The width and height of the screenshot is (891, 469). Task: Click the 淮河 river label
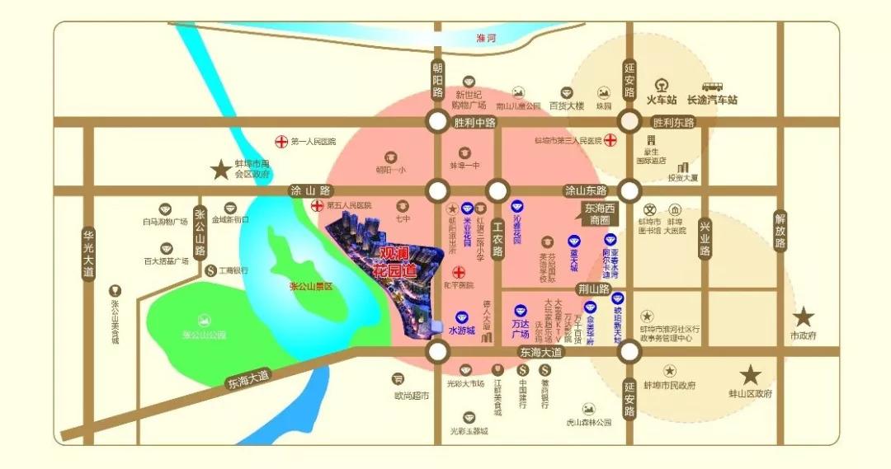tap(486, 38)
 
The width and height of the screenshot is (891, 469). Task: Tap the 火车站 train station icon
tap(661, 85)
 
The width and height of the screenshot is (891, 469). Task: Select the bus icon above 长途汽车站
tap(712, 85)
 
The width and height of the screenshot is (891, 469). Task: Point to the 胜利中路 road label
tap(474, 123)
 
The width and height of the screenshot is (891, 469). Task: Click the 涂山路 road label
tap(309, 190)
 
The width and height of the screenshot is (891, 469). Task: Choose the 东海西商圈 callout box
tap(600, 214)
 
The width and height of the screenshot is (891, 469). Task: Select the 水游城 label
tap(462, 331)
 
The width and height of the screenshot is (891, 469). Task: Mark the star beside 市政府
tap(804, 317)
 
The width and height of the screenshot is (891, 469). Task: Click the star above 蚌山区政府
tap(750, 375)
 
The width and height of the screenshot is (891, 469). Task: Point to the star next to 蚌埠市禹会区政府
tap(220, 171)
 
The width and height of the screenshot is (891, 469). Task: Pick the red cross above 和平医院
tap(458, 272)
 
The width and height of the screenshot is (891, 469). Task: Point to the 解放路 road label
tap(780, 232)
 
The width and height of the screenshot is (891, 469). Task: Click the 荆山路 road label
tap(593, 289)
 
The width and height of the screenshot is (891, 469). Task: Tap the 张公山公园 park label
tap(204, 335)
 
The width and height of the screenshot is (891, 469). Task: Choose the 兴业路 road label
tap(705, 239)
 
